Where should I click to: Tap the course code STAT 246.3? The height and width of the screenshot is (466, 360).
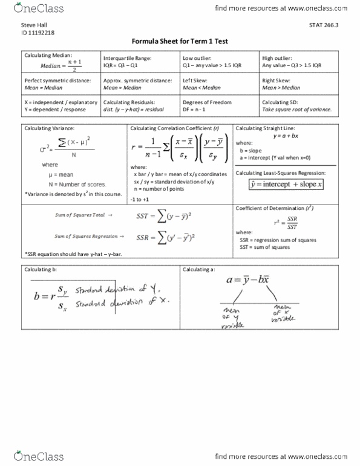click(321, 24)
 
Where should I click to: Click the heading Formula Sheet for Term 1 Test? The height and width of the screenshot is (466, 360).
click(179, 41)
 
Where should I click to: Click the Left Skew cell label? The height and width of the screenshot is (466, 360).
click(197, 80)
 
